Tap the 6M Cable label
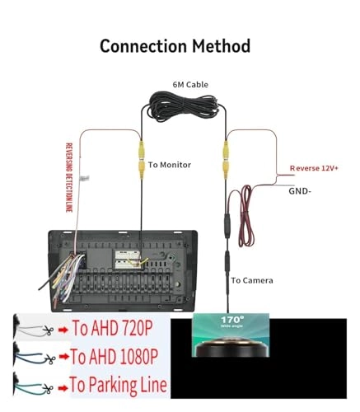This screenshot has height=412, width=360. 190,84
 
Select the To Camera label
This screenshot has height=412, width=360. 252,280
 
